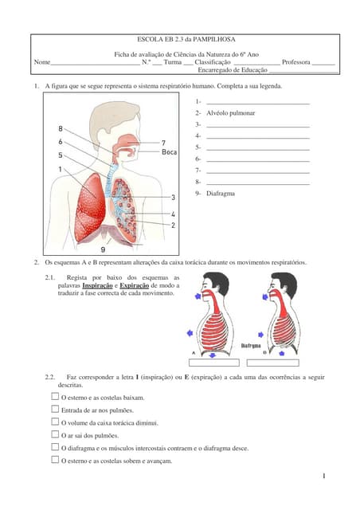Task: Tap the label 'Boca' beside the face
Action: click(x=169, y=151)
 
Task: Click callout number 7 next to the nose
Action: click(x=163, y=142)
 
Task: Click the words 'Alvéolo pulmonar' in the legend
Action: click(x=230, y=113)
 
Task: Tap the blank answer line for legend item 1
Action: click(x=257, y=102)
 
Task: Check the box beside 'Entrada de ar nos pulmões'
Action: click(x=55, y=410)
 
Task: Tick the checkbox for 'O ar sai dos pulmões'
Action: click(x=55, y=435)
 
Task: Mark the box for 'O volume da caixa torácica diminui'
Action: click(x=55, y=422)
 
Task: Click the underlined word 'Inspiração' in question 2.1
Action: click(x=97, y=285)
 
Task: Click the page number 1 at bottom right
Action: click(x=326, y=476)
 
